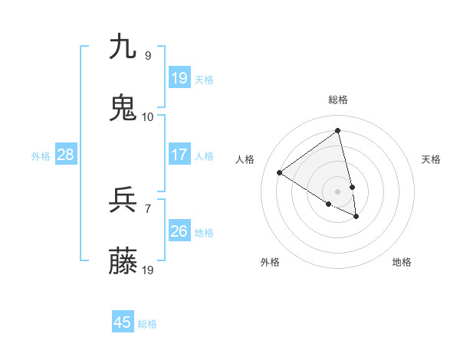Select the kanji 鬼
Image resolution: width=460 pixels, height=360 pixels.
(123, 108)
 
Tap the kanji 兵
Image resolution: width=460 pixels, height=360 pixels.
(123, 201)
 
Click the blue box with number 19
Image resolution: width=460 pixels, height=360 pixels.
(179, 78)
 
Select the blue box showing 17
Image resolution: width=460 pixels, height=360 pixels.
(179, 155)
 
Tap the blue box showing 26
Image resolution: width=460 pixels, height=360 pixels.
(179, 231)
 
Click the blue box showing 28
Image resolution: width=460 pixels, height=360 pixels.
(66, 155)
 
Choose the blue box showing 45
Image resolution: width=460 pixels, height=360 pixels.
(123, 322)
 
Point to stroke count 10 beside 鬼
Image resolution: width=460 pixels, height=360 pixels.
(148, 116)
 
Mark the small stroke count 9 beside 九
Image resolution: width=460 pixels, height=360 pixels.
(148, 55)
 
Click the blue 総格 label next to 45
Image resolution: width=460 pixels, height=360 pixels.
(147, 324)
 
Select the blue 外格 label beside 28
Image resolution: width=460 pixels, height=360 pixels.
(41, 156)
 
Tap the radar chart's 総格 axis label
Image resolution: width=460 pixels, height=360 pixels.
(338, 100)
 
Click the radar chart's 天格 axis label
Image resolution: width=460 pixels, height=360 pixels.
(432, 159)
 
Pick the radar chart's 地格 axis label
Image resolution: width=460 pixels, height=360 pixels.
(402, 262)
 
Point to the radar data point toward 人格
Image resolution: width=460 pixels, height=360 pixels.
(280, 172)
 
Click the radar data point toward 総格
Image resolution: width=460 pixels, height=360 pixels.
(337, 130)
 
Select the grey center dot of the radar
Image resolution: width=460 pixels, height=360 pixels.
(338, 191)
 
